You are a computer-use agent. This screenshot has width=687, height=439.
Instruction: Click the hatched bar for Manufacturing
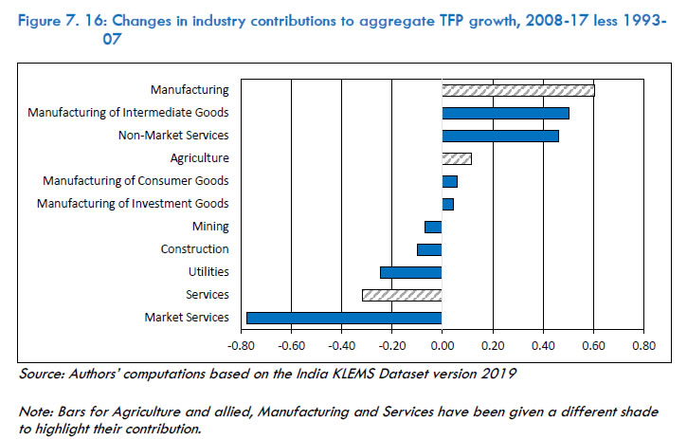coord(517,90)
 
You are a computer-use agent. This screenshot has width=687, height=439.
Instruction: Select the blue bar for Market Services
coord(344,318)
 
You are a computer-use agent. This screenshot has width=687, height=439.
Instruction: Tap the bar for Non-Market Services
coord(499,136)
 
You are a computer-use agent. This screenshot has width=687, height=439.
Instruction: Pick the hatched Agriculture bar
coord(456,158)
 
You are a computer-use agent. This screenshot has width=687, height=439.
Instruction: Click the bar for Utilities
coord(410,272)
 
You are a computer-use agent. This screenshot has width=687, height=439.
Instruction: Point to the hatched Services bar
coord(401,295)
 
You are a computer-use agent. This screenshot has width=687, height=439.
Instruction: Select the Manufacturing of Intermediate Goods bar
coord(505,113)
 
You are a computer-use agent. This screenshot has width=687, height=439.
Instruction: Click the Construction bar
coord(429,249)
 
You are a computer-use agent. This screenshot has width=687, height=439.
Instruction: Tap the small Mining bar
coord(433,227)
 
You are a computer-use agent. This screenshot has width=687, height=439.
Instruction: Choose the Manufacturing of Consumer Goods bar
coord(449,181)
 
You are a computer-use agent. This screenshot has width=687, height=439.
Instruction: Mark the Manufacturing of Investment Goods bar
coord(447,204)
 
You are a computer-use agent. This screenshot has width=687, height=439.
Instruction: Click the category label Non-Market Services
coord(172,136)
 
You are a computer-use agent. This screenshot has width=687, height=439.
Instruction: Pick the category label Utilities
coord(208,272)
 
